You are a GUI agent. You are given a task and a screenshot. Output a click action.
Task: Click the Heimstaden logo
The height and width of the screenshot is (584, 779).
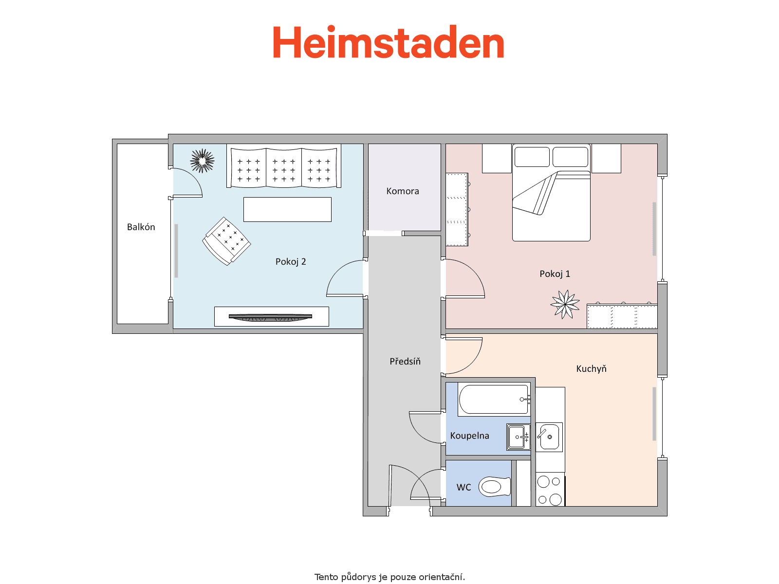[388, 42]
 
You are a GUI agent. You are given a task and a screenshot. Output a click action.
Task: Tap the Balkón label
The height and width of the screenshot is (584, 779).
[141, 227]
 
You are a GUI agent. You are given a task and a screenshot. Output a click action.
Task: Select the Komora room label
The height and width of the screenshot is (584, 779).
[403, 191]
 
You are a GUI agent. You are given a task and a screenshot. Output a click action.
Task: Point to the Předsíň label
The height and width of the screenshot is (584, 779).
[405, 361]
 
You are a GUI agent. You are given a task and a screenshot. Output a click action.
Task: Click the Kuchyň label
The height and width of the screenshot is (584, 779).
[591, 368]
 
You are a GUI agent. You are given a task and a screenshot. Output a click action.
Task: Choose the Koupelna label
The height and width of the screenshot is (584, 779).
[469, 436]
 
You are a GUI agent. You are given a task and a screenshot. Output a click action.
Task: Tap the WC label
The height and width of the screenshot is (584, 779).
[464, 487]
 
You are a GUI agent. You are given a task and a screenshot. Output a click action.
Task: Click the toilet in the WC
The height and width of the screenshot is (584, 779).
[495, 487]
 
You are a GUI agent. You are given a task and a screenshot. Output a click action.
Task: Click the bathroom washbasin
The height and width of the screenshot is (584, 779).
[519, 437]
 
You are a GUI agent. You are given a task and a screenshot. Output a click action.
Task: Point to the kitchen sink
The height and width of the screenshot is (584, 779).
[549, 437]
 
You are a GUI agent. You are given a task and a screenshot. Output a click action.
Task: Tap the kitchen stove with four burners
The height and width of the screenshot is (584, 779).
[550, 490]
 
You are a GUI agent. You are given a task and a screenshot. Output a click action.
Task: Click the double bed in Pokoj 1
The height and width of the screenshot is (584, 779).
[551, 193]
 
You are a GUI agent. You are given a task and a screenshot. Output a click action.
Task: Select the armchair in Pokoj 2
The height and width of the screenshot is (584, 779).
[226, 241]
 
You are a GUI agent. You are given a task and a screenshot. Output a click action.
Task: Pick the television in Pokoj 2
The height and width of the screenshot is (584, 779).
[270, 317]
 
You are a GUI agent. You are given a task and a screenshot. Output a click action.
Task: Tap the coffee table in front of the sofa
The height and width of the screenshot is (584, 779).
[287, 210]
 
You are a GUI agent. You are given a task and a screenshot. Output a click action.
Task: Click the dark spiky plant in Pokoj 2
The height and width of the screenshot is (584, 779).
[202, 161]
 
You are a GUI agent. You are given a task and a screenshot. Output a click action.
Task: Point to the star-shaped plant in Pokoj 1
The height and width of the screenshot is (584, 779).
[565, 304]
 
